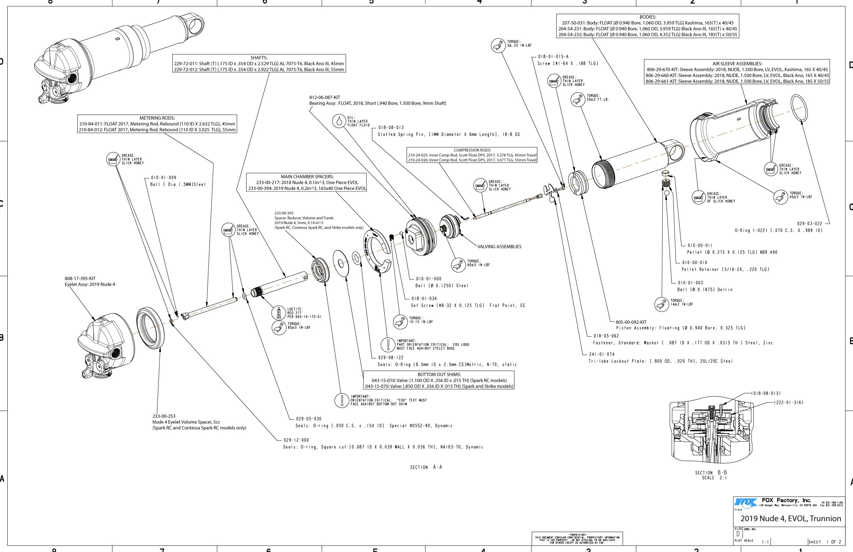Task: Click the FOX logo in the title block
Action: coord(746,502)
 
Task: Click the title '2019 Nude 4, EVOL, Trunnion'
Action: coord(791,518)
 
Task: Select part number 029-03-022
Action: coord(809,223)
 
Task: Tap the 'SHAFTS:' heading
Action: coord(259,58)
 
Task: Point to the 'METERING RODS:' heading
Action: coord(157,118)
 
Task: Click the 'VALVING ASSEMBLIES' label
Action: coord(499,247)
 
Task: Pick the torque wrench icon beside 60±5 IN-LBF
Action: coord(458,265)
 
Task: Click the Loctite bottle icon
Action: coord(279,313)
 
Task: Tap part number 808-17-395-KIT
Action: coord(80,278)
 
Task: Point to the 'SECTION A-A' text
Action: coord(426,467)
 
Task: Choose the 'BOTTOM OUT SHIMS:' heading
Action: coord(439,375)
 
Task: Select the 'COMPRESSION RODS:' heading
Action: coord(472,150)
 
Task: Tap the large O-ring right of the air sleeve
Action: coord(799,108)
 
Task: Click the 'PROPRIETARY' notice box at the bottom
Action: coord(577,538)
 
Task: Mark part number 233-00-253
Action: coord(164,416)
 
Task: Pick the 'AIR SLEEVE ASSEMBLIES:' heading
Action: coord(737,64)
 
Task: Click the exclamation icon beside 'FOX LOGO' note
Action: coord(387,344)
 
